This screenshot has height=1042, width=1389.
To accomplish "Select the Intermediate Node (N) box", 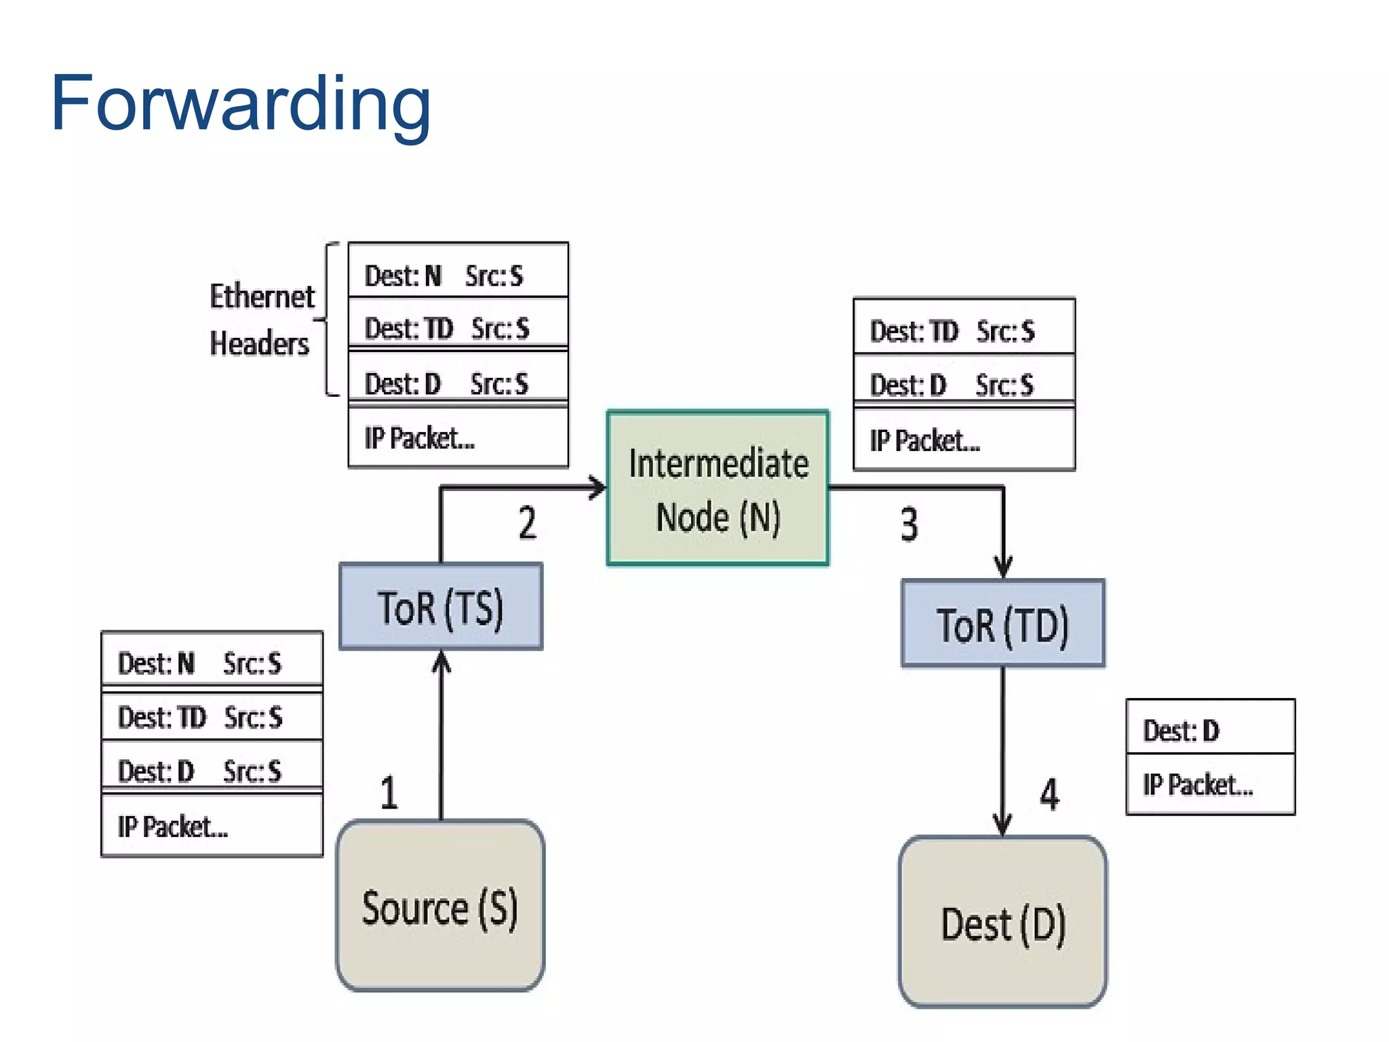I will (718, 488).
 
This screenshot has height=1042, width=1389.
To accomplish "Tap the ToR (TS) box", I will (441, 606).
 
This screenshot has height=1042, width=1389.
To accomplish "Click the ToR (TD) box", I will (1002, 623).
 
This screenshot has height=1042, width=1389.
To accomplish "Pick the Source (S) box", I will (440, 906).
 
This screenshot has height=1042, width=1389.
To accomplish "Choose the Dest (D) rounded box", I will (1002, 923).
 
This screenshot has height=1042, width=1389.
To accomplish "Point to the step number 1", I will (389, 792).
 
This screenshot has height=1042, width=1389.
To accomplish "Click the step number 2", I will (527, 523).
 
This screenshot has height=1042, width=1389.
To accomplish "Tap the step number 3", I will (909, 524).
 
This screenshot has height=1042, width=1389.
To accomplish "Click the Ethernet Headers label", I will (261, 320).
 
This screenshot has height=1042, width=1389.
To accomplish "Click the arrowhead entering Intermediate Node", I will (597, 487).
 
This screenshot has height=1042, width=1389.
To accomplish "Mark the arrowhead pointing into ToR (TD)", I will (1003, 567).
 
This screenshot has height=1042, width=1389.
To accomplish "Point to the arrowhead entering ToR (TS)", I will (442, 661).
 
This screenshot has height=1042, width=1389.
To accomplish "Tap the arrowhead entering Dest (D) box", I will (1002, 824).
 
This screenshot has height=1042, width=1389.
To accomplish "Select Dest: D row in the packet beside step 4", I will (1210, 730).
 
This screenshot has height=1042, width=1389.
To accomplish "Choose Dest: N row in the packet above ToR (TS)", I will (458, 275).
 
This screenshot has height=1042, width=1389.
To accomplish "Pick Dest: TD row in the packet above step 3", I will (964, 331).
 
